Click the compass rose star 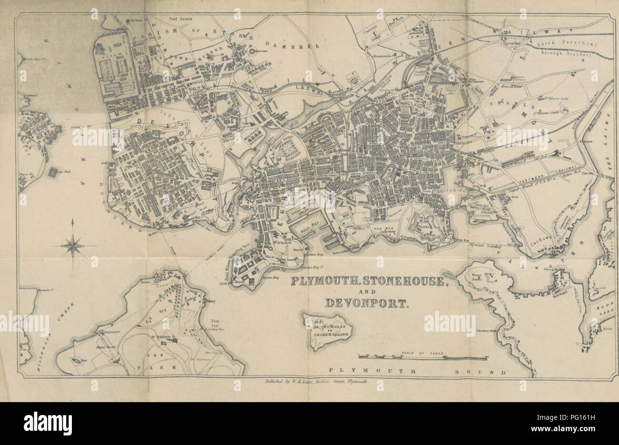pos(72,246)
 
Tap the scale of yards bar pos(412,355)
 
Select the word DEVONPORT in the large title pos(366,303)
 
